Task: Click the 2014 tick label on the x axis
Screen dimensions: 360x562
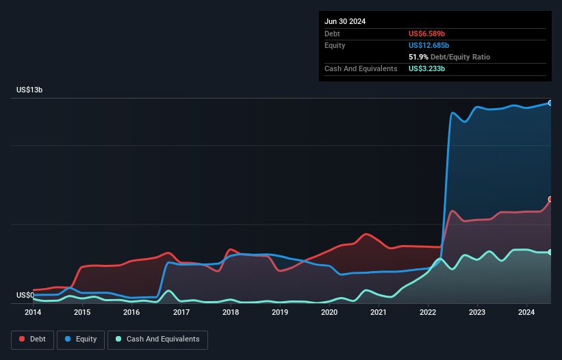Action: click(33, 313)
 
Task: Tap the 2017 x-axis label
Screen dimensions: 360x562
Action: click(181, 313)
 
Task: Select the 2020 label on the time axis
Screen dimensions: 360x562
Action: click(329, 313)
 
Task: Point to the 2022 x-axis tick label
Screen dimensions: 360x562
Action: click(428, 313)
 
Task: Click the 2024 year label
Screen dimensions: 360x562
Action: click(526, 313)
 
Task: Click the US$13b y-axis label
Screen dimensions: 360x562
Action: click(31, 90)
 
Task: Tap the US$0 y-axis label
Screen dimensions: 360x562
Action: click(26, 296)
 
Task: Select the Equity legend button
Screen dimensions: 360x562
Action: click(81, 339)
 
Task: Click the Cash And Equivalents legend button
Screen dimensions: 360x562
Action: click(157, 339)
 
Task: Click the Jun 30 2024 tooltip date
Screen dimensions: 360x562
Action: click(345, 21)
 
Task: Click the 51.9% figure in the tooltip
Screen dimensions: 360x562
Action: click(418, 57)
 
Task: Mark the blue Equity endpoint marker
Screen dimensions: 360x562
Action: click(550, 103)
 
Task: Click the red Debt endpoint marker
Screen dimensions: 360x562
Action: click(550, 199)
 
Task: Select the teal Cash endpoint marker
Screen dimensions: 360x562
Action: click(550, 252)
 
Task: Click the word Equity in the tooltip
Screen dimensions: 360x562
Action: click(335, 45)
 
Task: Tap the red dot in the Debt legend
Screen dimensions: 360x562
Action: click(23, 339)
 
